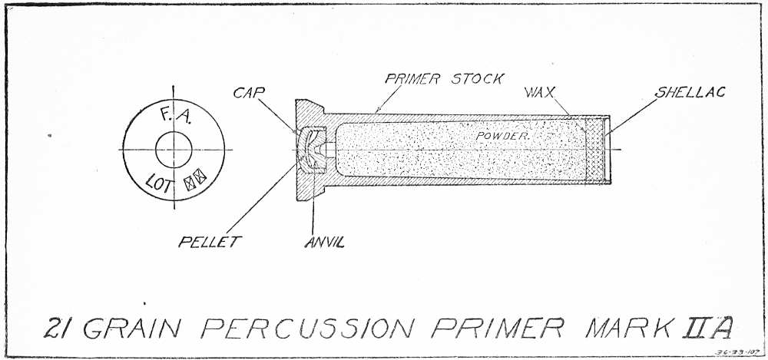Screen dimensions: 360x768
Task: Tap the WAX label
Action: (x=540, y=93)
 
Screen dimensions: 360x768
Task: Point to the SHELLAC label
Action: (x=689, y=93)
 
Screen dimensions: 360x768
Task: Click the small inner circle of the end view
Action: (x=174, y=147)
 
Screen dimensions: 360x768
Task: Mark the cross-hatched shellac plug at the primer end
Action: (x=597, y=150)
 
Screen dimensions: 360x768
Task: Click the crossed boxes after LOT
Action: (x=193, y=183)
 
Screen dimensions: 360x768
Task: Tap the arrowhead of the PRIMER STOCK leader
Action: (x=376, y=113)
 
